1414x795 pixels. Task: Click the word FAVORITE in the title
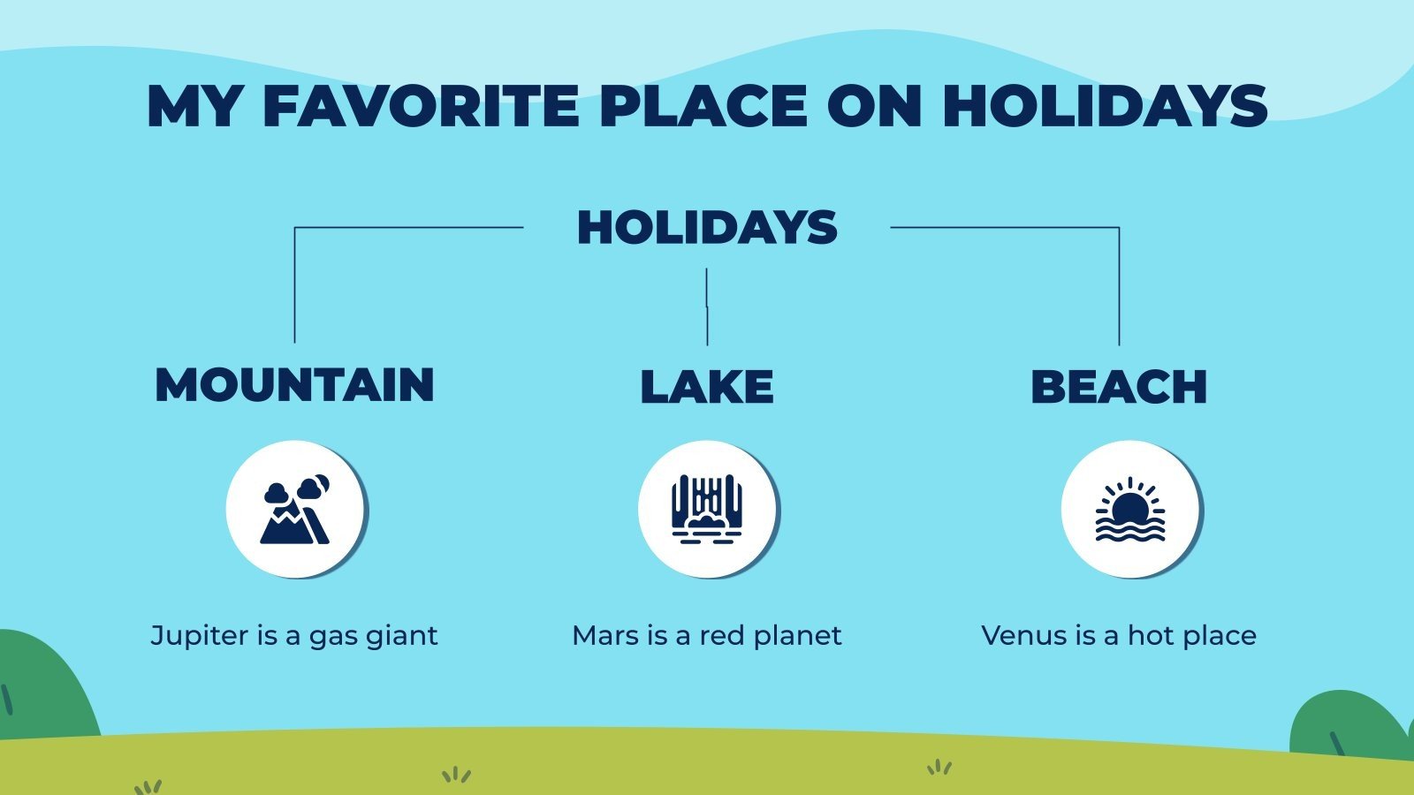421,106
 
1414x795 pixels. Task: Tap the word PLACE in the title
703,106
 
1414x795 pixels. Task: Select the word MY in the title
193,106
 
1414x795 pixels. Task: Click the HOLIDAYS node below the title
707,228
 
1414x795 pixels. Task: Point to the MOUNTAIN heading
294,385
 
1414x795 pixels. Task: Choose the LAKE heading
707,387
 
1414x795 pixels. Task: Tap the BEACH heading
1119,387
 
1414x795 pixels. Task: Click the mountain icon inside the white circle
295,511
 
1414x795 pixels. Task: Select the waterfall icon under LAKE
707,511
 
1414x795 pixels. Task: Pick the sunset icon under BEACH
1129,511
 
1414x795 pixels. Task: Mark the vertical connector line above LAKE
707,306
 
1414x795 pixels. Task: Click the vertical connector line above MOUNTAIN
294,284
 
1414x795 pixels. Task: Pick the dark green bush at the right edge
1348,724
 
